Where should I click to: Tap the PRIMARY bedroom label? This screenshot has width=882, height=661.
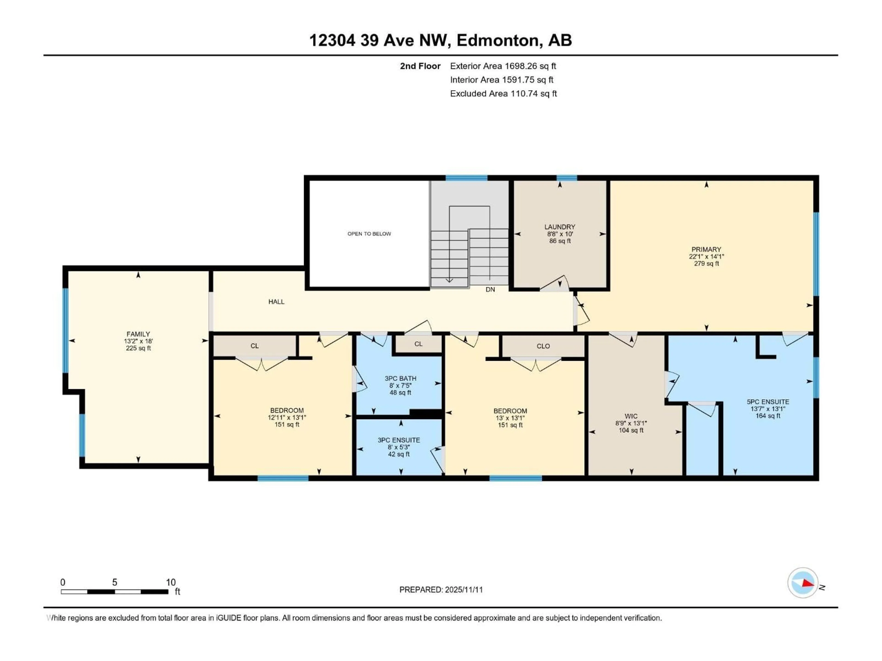click(x=706, y=250)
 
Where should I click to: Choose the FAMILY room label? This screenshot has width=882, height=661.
click(x=138, y=334)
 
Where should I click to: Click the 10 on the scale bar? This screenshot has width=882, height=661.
click(x=171, y=583)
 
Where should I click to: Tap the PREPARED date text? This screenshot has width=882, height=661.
click(x=441, y=590)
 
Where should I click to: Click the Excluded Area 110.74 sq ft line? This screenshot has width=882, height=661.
click(x=503, y=94)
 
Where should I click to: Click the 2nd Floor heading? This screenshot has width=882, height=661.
click(x=420, y=66)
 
